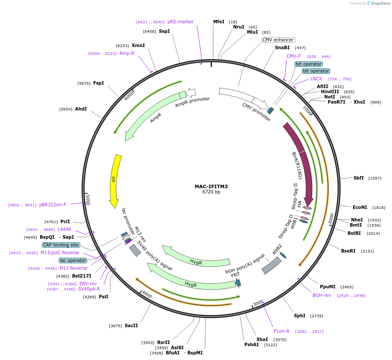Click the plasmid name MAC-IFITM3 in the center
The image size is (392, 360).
pyautogui.click(x=211, y=186)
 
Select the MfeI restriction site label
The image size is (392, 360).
pyautogui.click(x=219, y=22)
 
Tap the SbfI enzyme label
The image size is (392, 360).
pyautogui.click(x=358, y=178)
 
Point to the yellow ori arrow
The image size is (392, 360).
pyautogui.click(x=115, y=181)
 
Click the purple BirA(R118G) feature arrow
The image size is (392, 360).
pyautogui.click(x=301, y=160)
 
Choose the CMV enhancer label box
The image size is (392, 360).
pyautogui.click(x=278, y=40)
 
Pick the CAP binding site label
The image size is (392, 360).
pyautogui.click(x=61, y=245)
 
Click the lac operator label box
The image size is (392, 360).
pyautogui.click(x=73, y=260)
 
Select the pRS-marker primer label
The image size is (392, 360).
pyautogui.click(x=180, y=22)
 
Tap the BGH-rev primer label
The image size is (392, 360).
pyautogui.click(x=322, y=296)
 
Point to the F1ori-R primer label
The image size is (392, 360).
pyautogui.click(x=281, y=331)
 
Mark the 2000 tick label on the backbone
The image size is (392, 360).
pyautogui.click(x=331, y=219)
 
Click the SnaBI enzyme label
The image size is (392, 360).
pyautogui.click(x=282, y=47)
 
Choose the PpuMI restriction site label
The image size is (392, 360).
pyautogui.click(x=328, y=287)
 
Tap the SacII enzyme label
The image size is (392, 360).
pyautogui.click(x=131, y=325)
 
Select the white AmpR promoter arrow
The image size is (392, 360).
pyautogui.click(x=191, y=92)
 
